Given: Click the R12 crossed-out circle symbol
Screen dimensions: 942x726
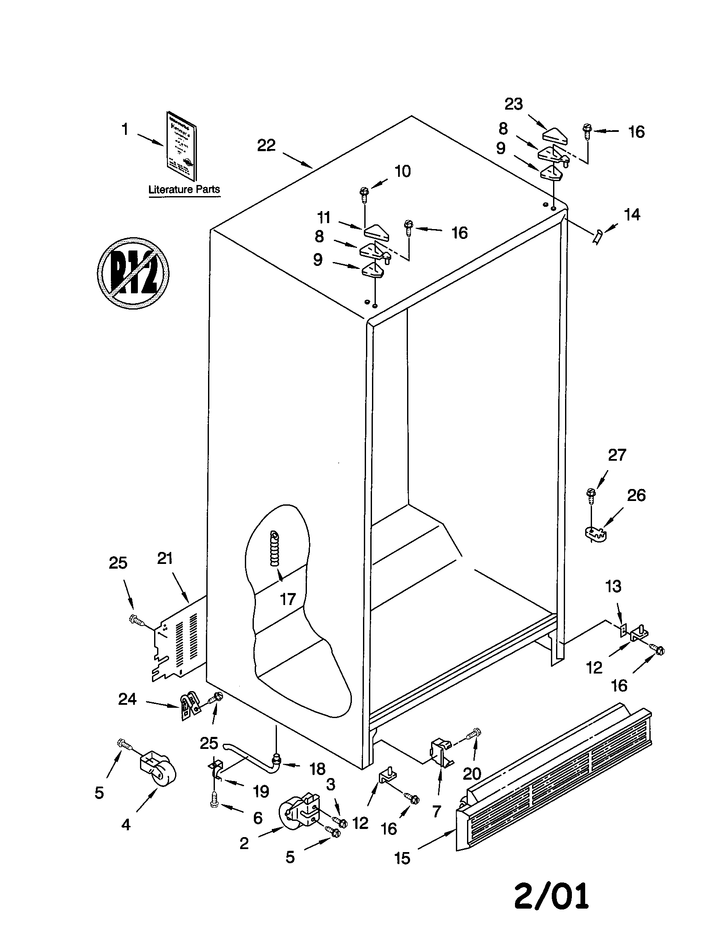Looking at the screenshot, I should point(133,273).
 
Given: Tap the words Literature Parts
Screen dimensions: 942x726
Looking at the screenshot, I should point(184,189).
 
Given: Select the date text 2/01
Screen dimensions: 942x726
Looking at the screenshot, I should point(551,895).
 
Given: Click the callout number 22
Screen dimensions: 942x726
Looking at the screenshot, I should point(266,146).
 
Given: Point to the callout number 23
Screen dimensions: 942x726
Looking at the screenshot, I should point(513,104).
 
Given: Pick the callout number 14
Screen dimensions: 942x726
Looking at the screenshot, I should point(632,215).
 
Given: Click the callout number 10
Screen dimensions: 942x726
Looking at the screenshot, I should point(403,172).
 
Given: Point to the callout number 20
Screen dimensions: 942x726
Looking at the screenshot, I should point(472,774).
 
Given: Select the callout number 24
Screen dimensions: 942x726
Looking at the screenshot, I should point(128,699).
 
